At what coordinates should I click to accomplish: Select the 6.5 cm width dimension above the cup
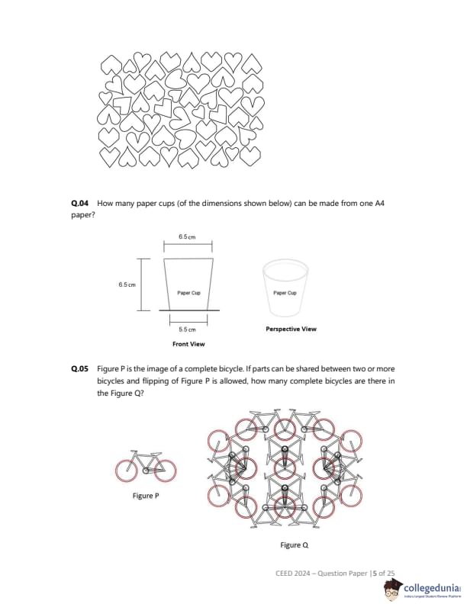click(x=187, y=237)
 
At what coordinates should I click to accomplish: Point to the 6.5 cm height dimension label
click(x=127, y=284)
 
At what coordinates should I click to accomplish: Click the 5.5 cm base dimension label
click(x=187, y=329)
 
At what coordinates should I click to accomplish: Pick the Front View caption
click(x=188, y=345)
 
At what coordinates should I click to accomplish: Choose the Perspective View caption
click(x=291, y=329)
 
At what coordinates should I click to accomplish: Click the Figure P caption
click(x=146, y=496)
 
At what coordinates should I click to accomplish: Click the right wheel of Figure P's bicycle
click(x=164, y=470)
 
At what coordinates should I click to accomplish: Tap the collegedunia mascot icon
click(x=393, y=588)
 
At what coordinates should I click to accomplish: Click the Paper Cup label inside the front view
click(x=188, y=292)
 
